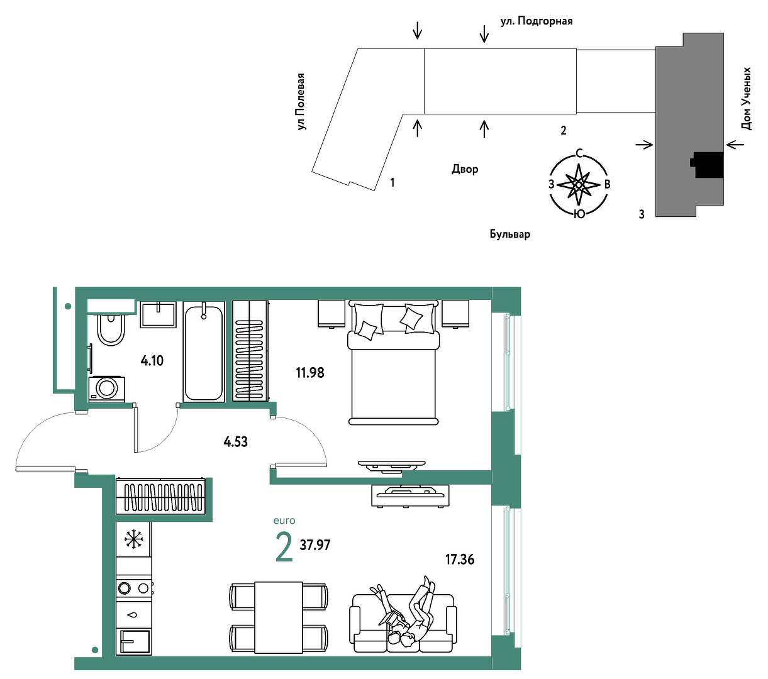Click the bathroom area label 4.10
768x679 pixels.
pyautogui.click(x=152, y=360)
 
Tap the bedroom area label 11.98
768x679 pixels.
pyautogui.click(x=310, y=373)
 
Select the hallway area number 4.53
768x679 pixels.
pyautogui.click(x=235, y=442)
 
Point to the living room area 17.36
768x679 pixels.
pyautogui.click(x=459, y=560)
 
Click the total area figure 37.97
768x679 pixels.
pyautogui.click(x=315, y=545)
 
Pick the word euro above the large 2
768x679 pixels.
pyautogui.click(x=284, y=521)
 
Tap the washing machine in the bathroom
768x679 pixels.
pyautogui.click(x=106, y=389)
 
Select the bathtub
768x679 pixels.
pyautogui.click(x=204, y=351)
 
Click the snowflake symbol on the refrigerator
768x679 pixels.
pyautogui.click(x=133, y=539)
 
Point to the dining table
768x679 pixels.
pyautogui.click(x=279, y=617)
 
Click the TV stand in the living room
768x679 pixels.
pyautogui.click(x=410, y=495)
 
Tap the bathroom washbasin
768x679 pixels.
pyautogui.click(x=158, y=314)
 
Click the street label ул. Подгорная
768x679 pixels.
pyautogui.click(x=537, y=21)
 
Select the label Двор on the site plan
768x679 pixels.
pyautogui.click(x=465, y=169)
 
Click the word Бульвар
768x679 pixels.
pyautogui.click(x=510, y=234)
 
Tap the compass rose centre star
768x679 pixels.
pyautogui.click(x=579, y=185)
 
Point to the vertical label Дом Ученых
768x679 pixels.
pyautogui.click(x=746, y=99)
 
